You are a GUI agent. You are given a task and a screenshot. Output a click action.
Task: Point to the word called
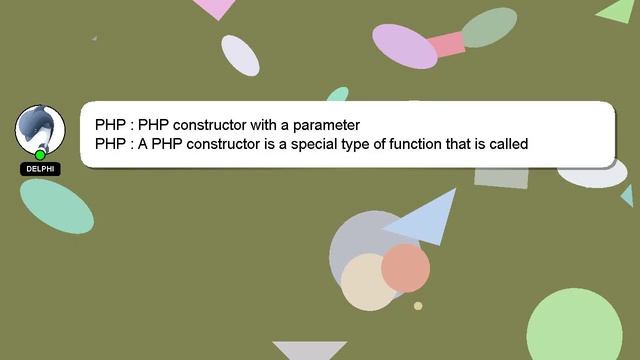pos(506,144)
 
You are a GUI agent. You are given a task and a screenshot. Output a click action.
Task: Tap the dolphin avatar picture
pos(40,128)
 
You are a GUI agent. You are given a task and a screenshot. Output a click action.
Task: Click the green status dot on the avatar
pos(40,155)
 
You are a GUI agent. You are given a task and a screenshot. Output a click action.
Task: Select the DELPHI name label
pos(40,169)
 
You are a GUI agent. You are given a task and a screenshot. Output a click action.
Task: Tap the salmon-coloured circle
pos(405,267)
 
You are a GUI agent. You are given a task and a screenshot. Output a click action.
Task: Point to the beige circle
pos(366,281)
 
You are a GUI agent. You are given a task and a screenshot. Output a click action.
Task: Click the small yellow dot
pos(418,306)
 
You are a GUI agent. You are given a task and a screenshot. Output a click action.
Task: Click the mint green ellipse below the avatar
pos(56,204)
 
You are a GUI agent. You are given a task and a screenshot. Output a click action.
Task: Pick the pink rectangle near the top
pos(444,44)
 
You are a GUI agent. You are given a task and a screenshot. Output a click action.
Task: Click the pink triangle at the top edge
pos(214,7)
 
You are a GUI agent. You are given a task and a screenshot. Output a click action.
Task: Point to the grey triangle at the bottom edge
pos(309,350)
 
